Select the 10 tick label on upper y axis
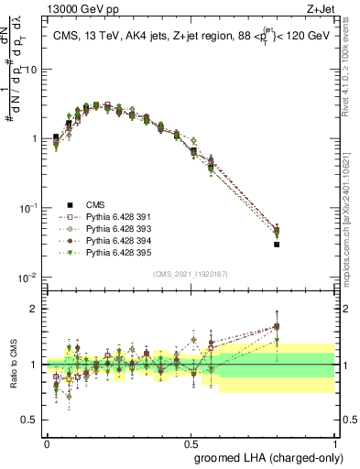point(32,70)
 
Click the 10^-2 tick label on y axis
point(27,277)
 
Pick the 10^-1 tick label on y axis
point(27,208)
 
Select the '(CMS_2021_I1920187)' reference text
point(190,274)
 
